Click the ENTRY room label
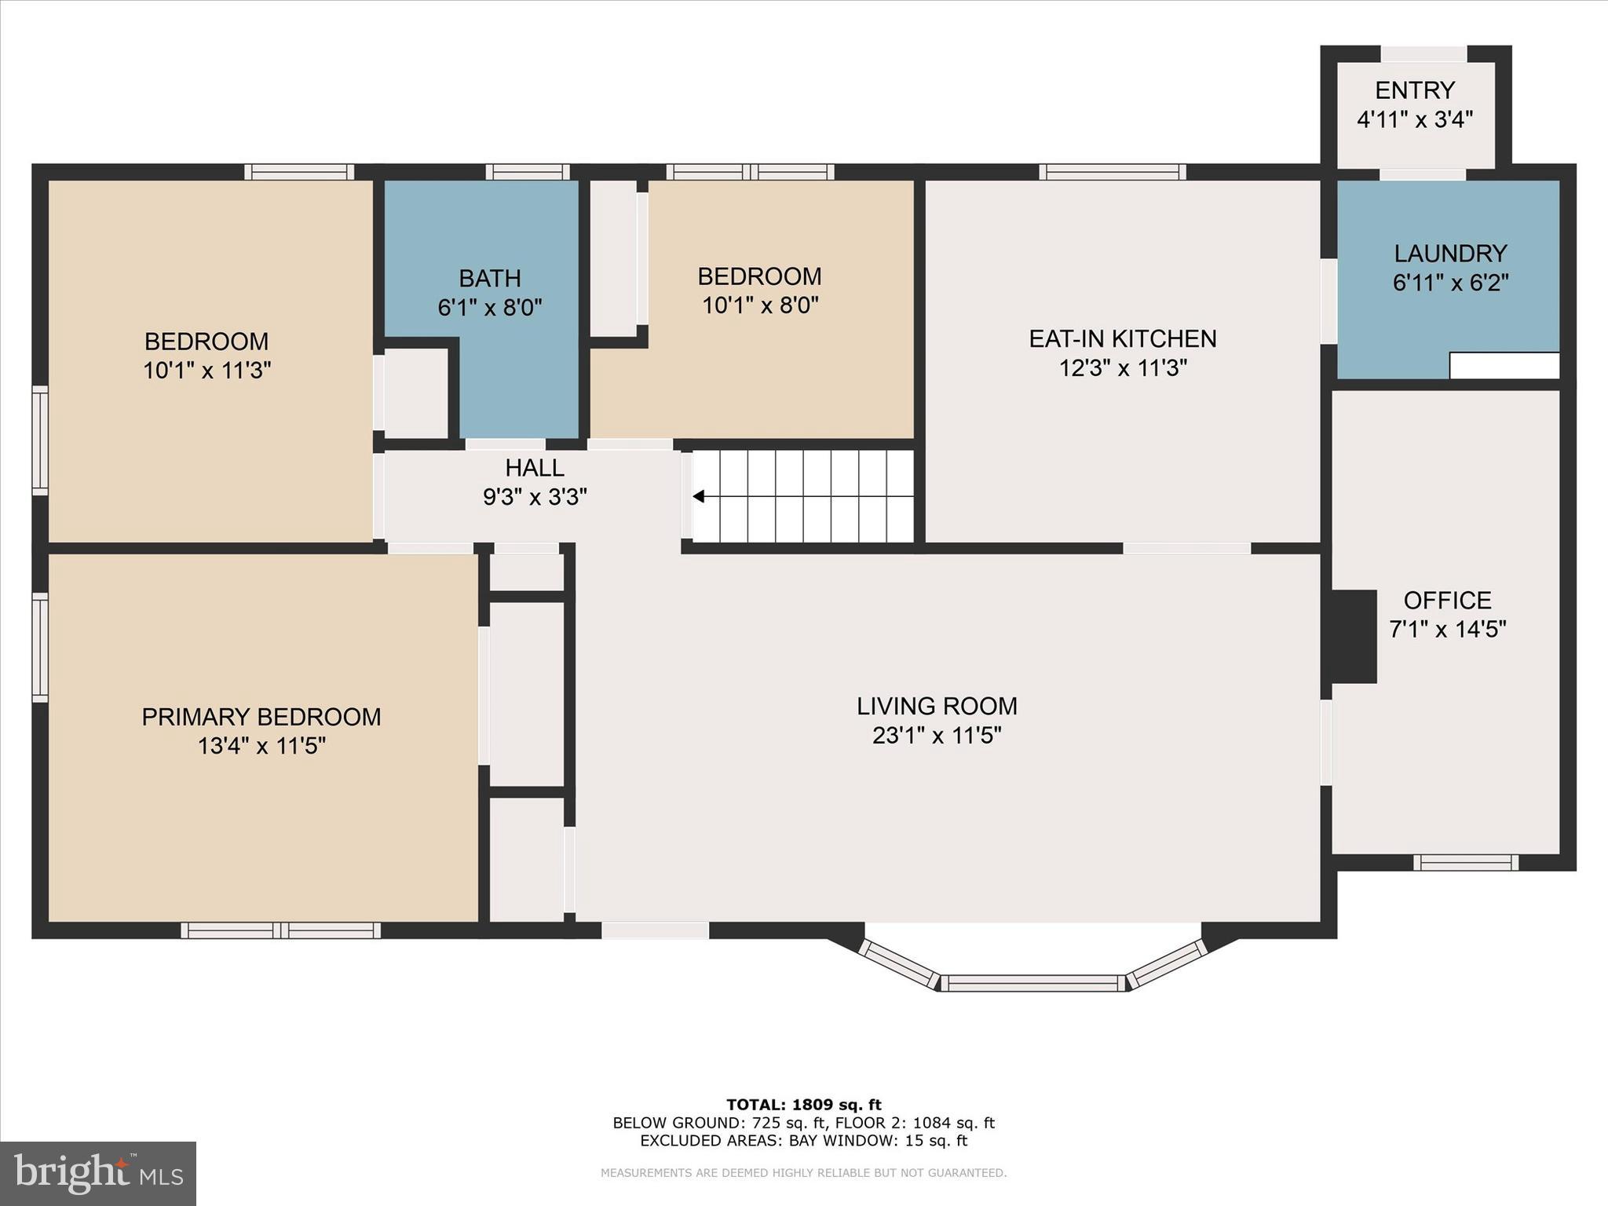point(1415,90)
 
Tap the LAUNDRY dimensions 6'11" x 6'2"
point(1450,283)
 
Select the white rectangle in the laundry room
point(1504,366)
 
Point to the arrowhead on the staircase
point(698,496)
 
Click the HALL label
point(535,468)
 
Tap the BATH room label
point(490,278)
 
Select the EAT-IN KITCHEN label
point(1123,338)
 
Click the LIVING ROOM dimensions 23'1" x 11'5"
point(937,736)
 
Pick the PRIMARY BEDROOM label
point(261,717)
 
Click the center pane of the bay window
point(1032,983)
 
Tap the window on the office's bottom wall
point(1465,863)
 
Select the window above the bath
point(527,171)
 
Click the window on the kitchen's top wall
point(1112,171)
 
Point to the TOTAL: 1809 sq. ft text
point(803,1105)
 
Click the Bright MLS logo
point(98,1173)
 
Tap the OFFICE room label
point(1447,601)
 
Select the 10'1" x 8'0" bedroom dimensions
point(760,305)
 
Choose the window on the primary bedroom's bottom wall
point(281,930)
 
